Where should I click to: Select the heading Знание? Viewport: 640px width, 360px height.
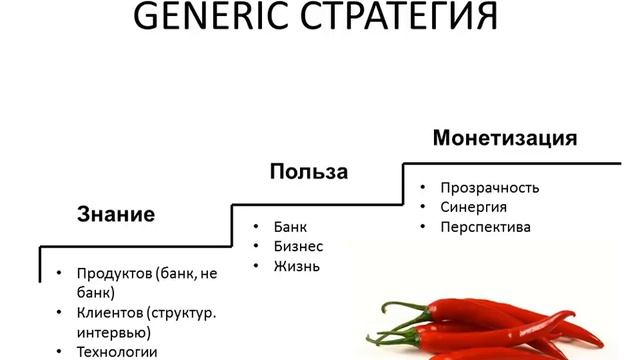click(116, 214)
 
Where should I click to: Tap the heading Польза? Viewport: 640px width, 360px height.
click(308, 172)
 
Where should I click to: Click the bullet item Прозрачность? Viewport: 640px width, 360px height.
click(490, 187)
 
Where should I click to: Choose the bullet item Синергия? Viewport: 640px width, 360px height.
click(473, 207)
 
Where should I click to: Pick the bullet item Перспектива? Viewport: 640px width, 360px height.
click(486, 227)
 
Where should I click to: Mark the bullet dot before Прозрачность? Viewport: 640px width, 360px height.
click(424, 187)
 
